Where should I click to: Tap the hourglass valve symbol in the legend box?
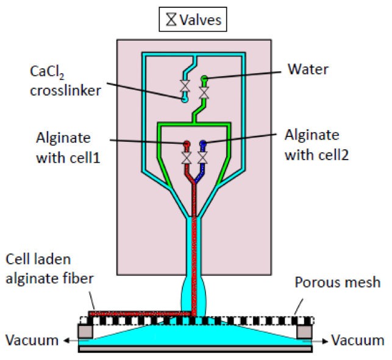coord(171,20)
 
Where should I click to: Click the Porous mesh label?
coord(337,283)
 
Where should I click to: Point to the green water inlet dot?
coord(205,78)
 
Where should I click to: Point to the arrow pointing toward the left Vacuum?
coord(68,340)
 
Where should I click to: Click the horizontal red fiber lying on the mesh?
coord(140,313)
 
